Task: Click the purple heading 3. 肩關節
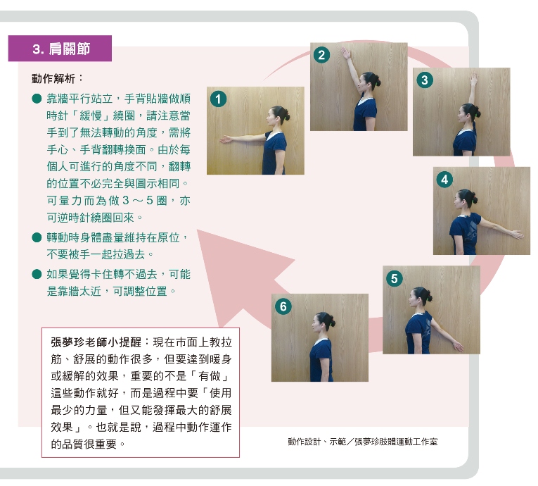click(60, 49)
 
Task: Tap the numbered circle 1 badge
click(219, 99)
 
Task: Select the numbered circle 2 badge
click(322, 55)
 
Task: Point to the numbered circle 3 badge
click(425, 80)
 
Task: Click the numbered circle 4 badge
click(444, 180)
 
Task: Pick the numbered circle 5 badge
click(395, 278)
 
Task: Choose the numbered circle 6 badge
click(283, 306)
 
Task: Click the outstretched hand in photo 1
click(226, 139)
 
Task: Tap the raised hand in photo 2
click(345, 54)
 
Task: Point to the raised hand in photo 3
click(474, 79)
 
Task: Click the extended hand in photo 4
click(518, 235)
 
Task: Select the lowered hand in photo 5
click(459, 346)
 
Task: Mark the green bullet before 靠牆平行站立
click(37, 99)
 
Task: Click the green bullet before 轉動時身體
click(37, 237)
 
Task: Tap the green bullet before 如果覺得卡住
click(37, 274)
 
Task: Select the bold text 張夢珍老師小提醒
click(96, 342)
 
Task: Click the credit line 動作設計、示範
click(363, 442)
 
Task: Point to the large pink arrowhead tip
click(198, 230)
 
